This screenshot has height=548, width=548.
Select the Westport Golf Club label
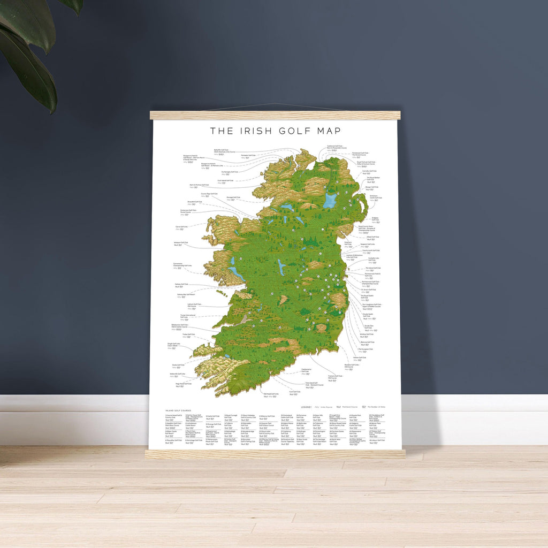pyautogui.click(x=181, y=242)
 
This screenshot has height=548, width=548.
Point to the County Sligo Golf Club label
pyautogui.click(x=209, y=194)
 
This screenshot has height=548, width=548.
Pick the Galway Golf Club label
pyautogui.click(x=181, y=284)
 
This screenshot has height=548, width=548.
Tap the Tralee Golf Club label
pyautogui.click(x=188, y=334)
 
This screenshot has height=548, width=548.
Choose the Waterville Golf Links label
pyautogui.click(x=177, y=374)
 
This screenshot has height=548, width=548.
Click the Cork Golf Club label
pyautogui.click(x=294, y=391)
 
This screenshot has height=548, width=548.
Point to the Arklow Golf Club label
pyautogui.click(x=360, y=357)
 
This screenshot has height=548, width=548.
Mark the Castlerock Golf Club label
pyautogui.click(x=337, y=146)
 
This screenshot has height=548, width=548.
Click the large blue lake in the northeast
pyautogui.click(x=330, y=201)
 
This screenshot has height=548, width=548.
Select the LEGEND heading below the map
pyautogui.click(x=306, y=407)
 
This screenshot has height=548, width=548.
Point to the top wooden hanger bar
pyautogui.click(x=275, y=115)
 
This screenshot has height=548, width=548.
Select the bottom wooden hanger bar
pyautogui.click(x=275, y=454)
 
